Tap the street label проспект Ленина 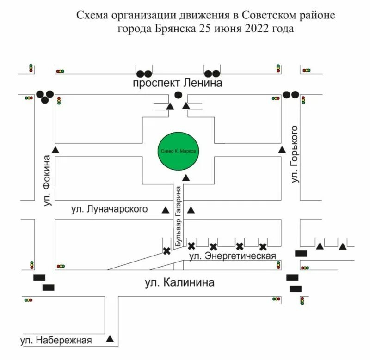pos(178,83)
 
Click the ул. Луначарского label pos(110,209)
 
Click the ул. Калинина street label pos(178,282)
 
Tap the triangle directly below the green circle pos(186,178)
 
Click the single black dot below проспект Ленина pos(178,95)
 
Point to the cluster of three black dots pos(45,96)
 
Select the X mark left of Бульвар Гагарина pos(166,251)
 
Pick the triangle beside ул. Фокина pos(56,150)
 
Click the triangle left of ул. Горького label pos(282,150)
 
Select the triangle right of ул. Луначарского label pos(165,210)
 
